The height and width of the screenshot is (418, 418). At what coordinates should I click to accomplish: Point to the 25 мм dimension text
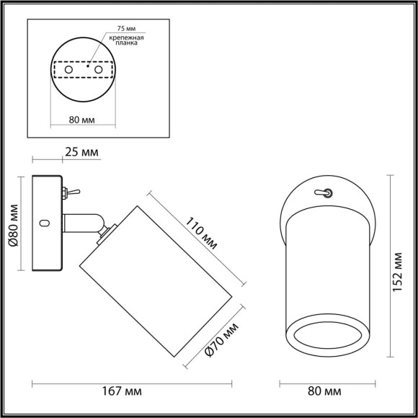tap(81, 154)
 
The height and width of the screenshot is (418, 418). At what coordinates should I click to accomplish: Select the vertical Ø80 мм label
tap(12, 224)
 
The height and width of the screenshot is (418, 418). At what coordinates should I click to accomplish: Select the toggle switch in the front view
tap(326, 193)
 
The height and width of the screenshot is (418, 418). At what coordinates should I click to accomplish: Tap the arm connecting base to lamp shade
tap(83, 224)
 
